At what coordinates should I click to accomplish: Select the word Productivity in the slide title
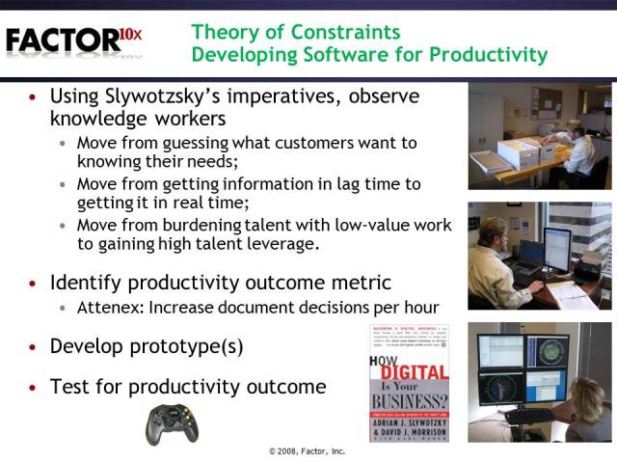point(490,54)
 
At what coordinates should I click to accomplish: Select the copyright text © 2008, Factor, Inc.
point(308,450)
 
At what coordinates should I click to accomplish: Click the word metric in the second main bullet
point(361,283)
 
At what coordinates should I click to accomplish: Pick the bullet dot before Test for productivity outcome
point(35,388)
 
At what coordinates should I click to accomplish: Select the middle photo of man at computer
point(539,255)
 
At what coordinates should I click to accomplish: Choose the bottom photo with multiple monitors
point(539,382)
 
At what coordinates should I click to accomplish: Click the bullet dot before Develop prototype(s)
point(35,346)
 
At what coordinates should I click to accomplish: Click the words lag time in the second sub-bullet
point(354,183)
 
